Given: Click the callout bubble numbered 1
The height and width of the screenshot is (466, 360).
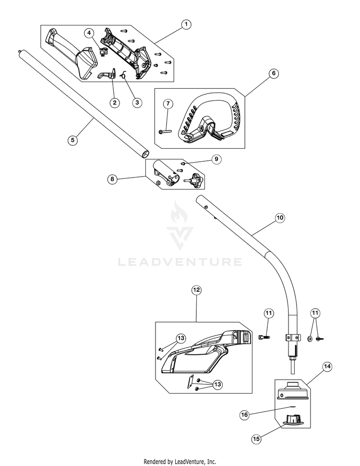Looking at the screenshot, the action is pos(186,24).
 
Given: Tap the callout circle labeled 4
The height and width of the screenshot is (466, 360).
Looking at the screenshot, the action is pos(89,33).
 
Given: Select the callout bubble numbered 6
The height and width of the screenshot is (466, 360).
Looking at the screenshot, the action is pos(274,73).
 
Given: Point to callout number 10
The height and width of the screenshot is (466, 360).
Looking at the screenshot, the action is pos(280,218).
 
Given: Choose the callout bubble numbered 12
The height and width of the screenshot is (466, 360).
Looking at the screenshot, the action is pos(196,290).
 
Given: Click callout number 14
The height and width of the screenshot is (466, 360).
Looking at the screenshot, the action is pos(327,367).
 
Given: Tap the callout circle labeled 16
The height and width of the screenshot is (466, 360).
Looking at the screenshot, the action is pos(244,415).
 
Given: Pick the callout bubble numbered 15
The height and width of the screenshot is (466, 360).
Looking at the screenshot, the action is pos(256,439).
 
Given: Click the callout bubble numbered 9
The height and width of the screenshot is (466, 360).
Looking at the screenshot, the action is pos(216,159).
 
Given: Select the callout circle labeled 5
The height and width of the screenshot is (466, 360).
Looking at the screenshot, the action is pos(73,140).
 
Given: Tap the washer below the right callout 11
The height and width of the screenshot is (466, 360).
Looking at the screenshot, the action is pos(310,339).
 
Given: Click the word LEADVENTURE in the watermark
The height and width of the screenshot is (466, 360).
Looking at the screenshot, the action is pos(180,262).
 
